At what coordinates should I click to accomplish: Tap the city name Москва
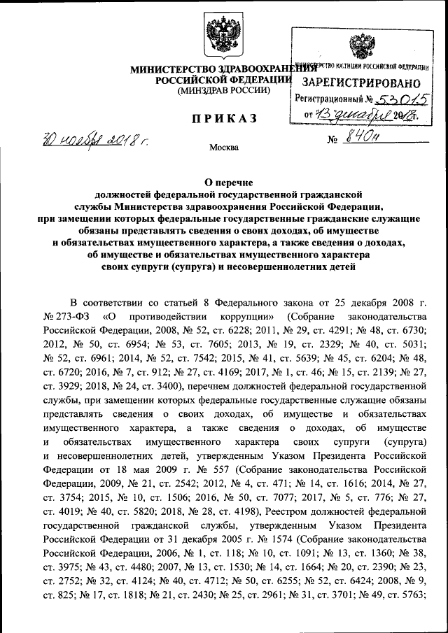[224, 148]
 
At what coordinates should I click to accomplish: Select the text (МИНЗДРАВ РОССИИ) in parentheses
[223, 91]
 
